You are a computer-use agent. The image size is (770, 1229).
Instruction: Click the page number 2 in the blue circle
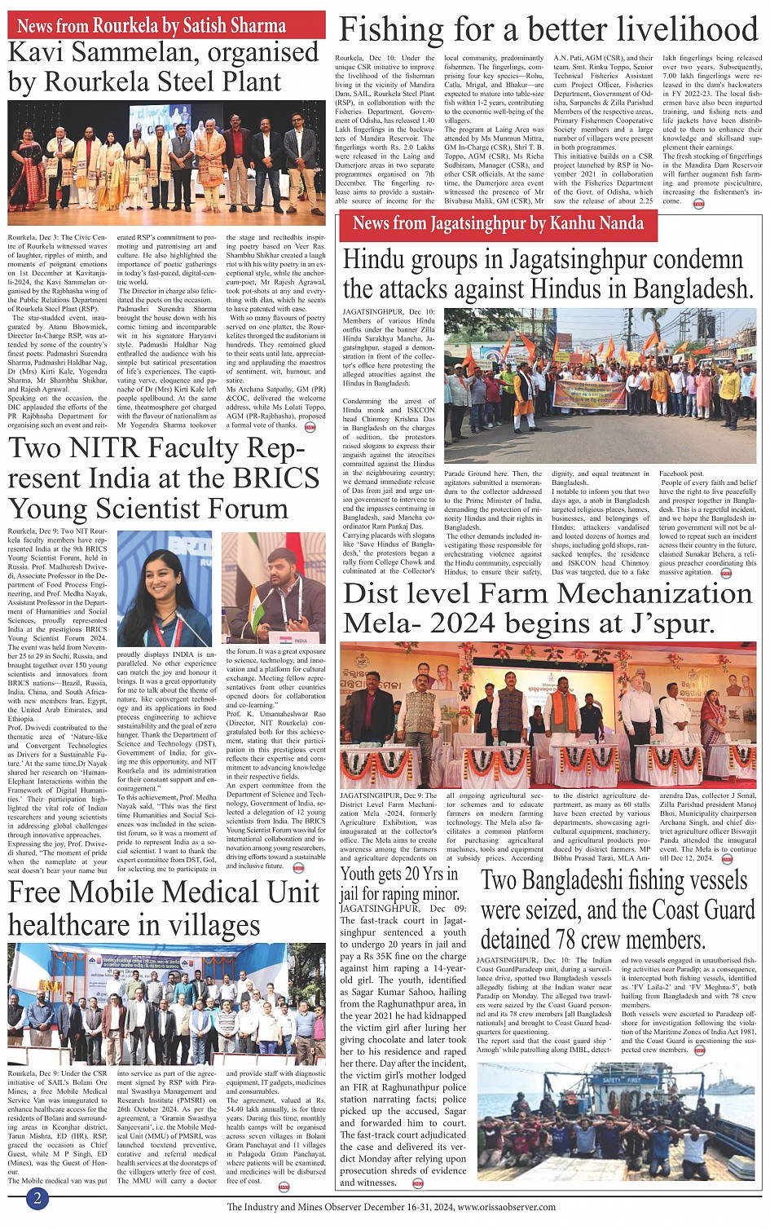[x=37, y=1197]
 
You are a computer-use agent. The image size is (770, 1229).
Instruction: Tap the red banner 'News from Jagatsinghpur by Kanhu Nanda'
[x=498, y=224]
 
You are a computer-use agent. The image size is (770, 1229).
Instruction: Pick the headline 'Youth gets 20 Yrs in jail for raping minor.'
[x=400, y=883]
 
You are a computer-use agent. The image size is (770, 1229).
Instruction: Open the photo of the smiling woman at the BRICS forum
[x=165, y=588]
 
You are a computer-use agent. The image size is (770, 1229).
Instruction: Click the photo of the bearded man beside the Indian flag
[x=274, y=588]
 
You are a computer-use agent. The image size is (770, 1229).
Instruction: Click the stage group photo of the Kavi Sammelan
[x=166, y=165]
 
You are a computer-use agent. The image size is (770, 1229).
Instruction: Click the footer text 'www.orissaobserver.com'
[x=506, y=1207]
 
